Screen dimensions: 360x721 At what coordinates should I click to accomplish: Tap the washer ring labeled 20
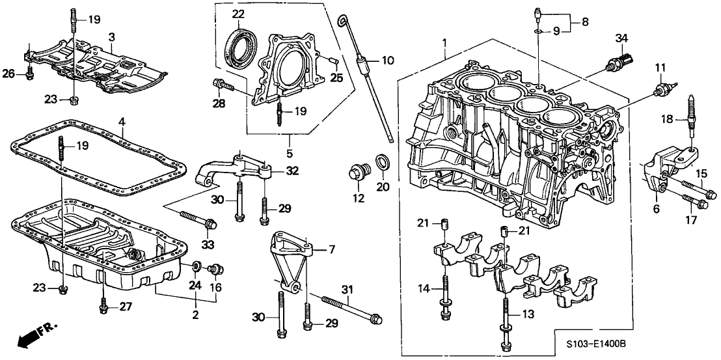pyautogui.click(x=381, y=163)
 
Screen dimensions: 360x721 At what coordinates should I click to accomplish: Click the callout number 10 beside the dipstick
pyautogui.click(x=388, y=61)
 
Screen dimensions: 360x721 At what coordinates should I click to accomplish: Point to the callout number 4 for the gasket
pyautogui.click(x=121, y=121)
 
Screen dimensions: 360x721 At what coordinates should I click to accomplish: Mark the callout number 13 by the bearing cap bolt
pyautogui.click(x=529, y=314)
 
